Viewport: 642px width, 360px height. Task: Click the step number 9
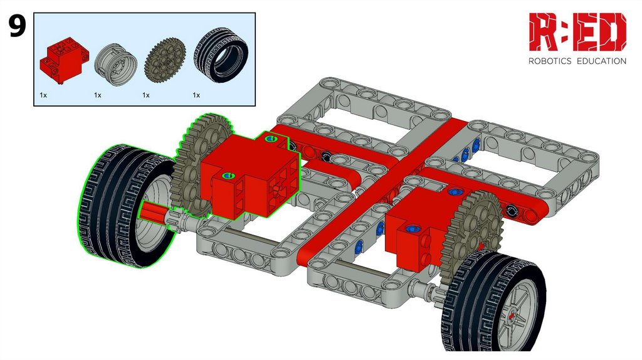[17, 26]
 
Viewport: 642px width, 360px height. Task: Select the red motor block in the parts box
[64, 60]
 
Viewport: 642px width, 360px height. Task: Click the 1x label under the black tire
[196, 95]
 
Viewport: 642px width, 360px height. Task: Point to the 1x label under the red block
[43, 95]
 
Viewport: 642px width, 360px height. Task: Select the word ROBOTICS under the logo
[550, 61]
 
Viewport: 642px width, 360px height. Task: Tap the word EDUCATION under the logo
[601, 61]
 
